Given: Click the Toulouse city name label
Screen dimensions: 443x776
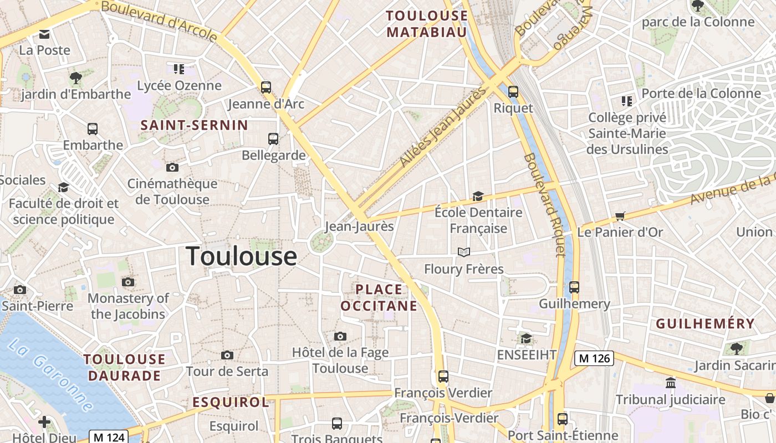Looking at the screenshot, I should tap(241, 256).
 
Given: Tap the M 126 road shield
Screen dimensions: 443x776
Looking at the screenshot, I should tap(594, 358).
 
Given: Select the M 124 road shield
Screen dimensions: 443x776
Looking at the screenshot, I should tap(109, 437).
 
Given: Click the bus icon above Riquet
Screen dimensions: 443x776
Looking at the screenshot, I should tap(513, 91).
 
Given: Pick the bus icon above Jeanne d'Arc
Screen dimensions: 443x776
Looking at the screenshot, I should tap(266, 87).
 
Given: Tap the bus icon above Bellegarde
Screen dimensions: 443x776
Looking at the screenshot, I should tap(273, 138).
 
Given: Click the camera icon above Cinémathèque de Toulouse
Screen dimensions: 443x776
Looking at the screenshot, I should tap(172, 167).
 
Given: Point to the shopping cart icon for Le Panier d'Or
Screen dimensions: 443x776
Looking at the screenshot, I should tap(620, 216).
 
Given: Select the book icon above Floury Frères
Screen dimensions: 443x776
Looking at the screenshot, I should tap(464, 253).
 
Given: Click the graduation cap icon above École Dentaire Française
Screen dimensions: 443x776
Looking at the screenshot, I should tap(478, 196).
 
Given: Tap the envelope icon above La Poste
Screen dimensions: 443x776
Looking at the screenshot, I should tap(44, 34).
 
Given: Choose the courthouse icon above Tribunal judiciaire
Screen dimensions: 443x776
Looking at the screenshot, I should tap(671, 383).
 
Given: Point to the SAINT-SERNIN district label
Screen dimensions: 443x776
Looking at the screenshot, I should tap(194, 125).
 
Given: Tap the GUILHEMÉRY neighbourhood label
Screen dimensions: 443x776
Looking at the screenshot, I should tap(705, 324).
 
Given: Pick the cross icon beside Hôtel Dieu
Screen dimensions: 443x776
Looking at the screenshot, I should tap(44, 423).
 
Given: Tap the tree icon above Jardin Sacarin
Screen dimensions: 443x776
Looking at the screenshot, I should tap(737, 348).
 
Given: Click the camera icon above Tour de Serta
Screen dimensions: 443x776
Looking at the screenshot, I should tap(227, 355).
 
